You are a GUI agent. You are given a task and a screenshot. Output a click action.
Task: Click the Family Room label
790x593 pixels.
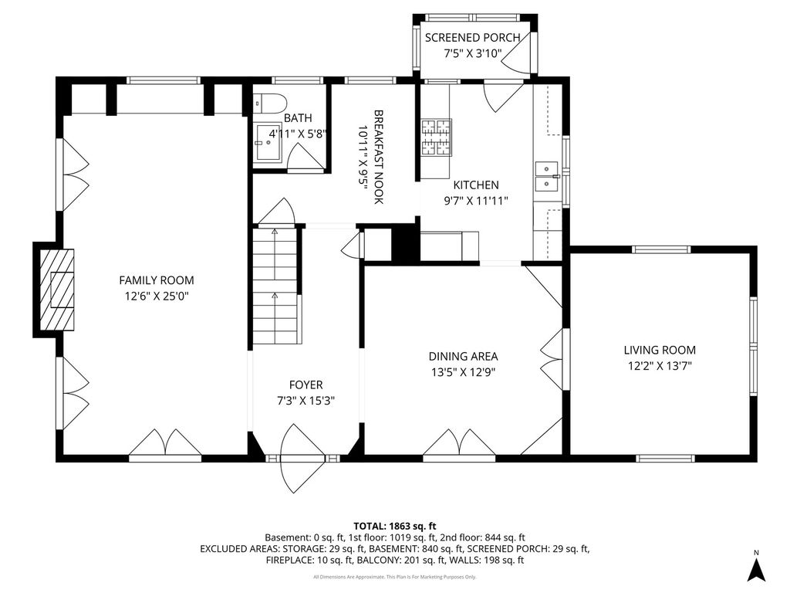156,280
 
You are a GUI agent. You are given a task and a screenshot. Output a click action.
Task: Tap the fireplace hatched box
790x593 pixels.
57,290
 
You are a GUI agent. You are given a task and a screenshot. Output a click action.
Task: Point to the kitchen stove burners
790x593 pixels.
437,137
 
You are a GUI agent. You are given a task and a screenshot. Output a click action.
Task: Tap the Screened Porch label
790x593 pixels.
472,38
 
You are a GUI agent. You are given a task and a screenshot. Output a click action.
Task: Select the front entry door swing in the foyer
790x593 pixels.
302,459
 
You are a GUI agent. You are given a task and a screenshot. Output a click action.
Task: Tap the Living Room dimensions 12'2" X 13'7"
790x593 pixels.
660,366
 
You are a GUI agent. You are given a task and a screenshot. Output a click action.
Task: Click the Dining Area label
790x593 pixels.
463,357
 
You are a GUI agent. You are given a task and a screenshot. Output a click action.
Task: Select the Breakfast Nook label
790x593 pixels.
379,157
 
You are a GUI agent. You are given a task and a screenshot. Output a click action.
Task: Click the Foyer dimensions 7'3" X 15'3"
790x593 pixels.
306,402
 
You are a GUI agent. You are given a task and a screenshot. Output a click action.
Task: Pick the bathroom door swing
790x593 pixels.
304,156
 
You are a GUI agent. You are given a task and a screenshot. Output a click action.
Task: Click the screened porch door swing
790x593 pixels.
516,53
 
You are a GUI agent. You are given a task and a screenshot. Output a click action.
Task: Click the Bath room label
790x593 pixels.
298,118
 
